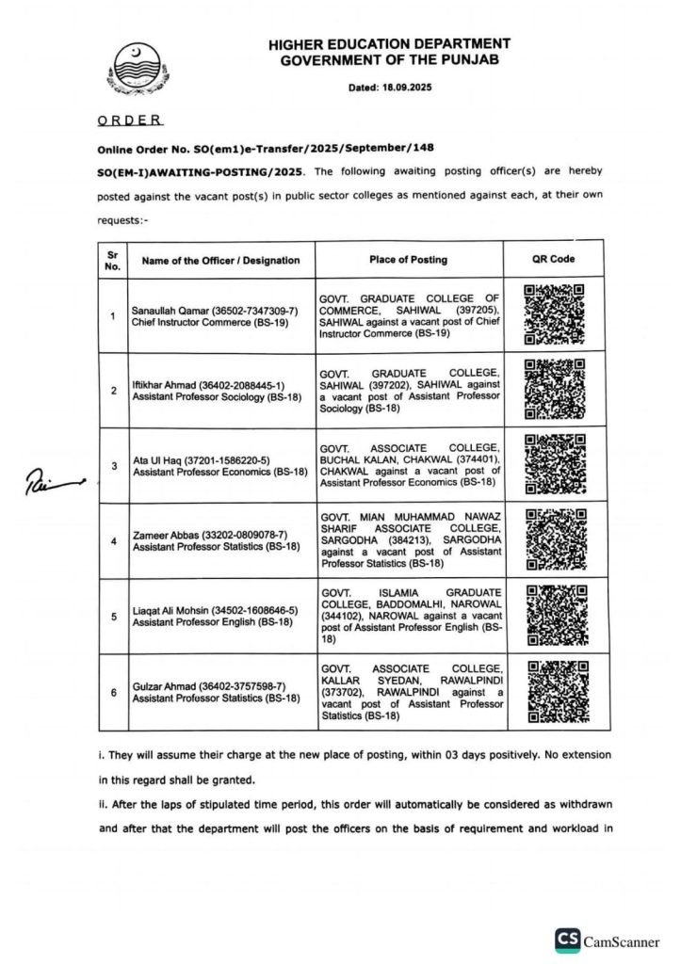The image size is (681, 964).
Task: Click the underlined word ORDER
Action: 131,120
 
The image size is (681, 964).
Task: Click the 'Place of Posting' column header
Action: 408,260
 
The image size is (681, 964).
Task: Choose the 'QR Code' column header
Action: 553,260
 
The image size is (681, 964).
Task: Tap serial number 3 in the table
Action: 113,465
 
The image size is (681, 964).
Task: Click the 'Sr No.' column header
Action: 113,260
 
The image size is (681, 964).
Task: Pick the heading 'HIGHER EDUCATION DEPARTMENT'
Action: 389,44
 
